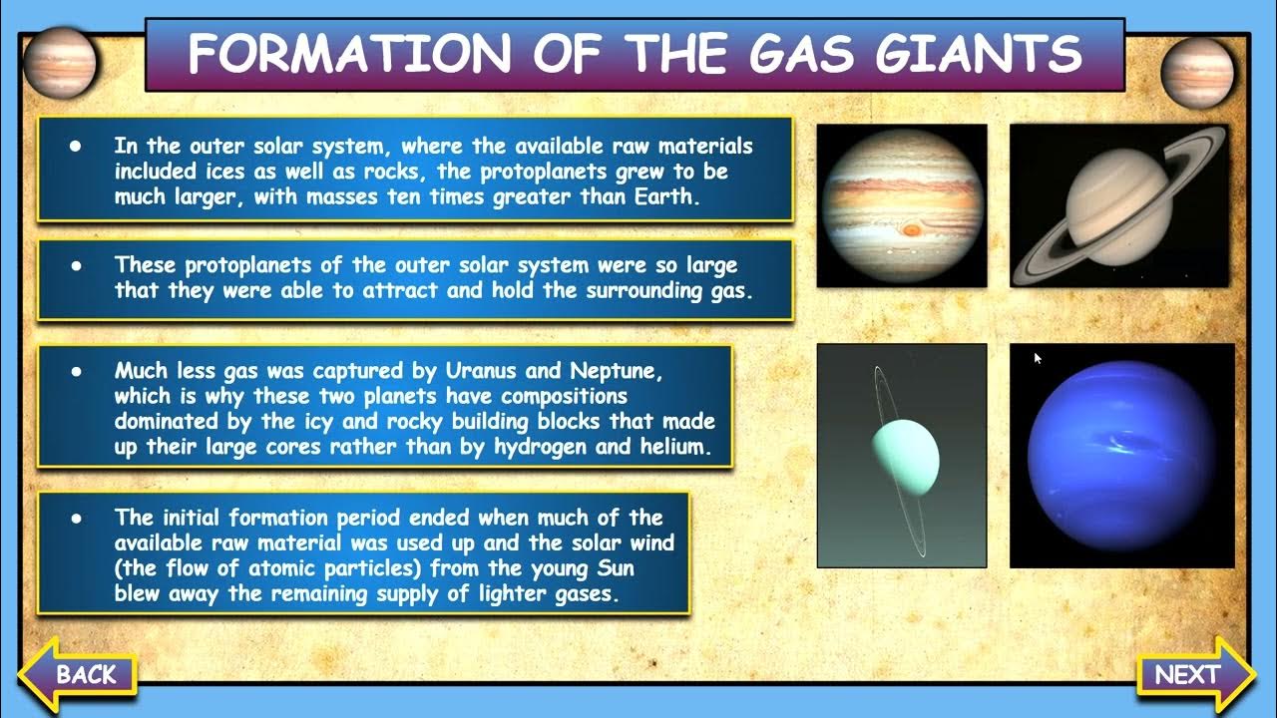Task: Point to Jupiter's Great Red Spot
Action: tap(911, 229)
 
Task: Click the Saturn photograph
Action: tap(1118, 205)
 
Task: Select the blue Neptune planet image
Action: tap(1121, 456)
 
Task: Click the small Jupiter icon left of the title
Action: tap(60, 62)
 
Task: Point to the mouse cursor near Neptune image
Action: tap(1038, 357)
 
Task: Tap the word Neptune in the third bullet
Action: tap(616, 371)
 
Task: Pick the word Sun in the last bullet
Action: tap(616, 569)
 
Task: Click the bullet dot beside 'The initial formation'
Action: tap(75, 519)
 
